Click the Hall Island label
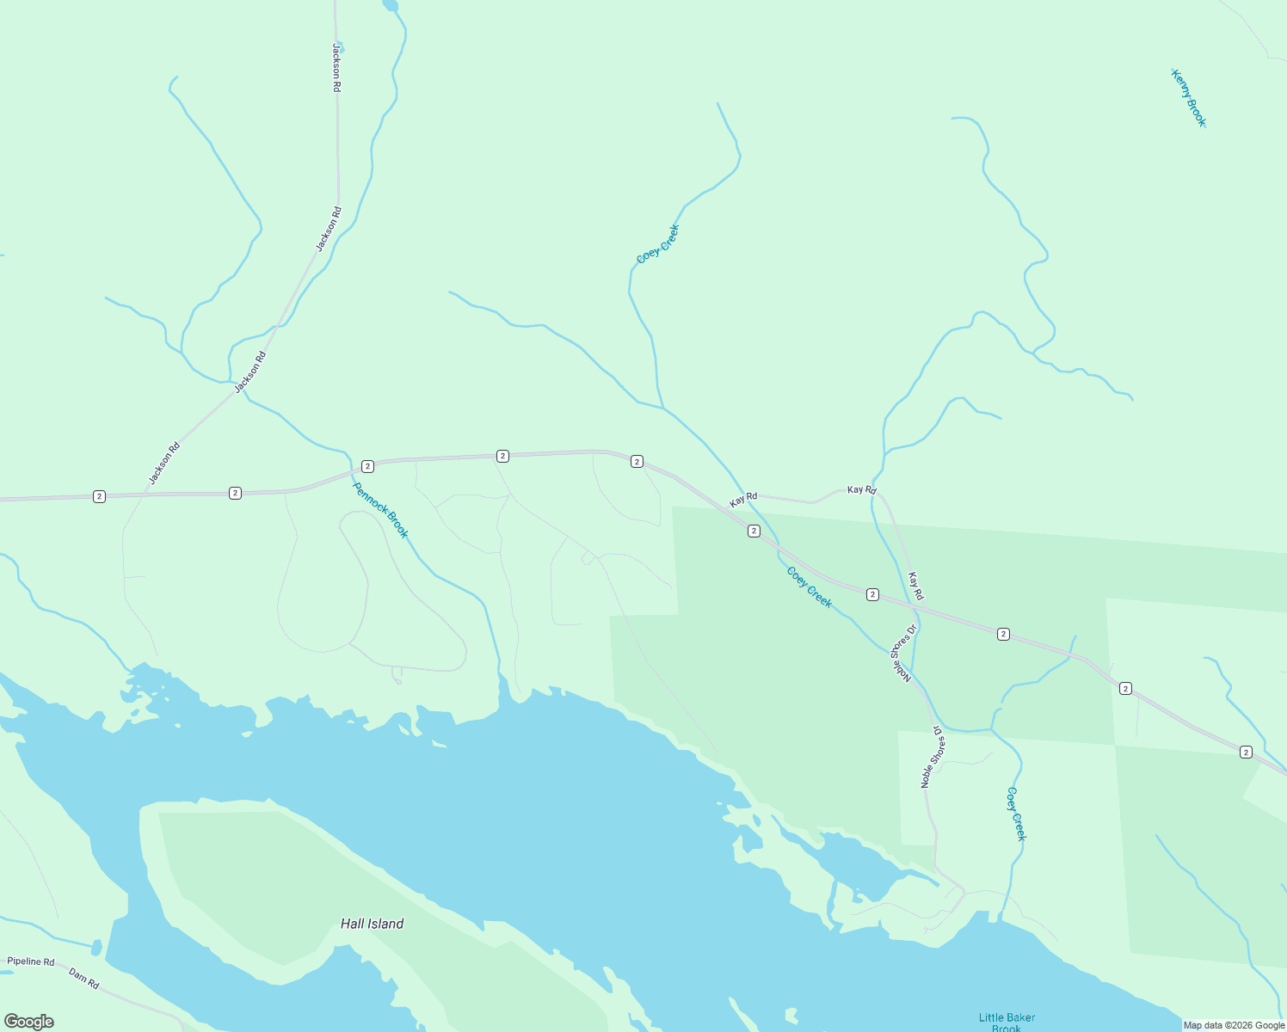point(372,924)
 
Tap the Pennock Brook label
point(380,510)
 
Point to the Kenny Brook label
point(1189,98)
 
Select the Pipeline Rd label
point(31,961)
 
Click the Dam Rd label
point(84,979)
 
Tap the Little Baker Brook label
point(1007,1022)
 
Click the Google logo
point(29,1022)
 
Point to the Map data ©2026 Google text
point(1234,1025)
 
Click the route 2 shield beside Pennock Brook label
point(367,466)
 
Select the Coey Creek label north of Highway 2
point(658,243)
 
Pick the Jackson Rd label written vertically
point(337,68)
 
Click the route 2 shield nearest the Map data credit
point(1246,752)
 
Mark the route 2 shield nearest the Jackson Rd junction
point(100,496)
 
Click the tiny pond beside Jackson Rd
point(341,47)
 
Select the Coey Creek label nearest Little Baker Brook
point(1017,814)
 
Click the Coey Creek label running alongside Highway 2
point(810,587)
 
